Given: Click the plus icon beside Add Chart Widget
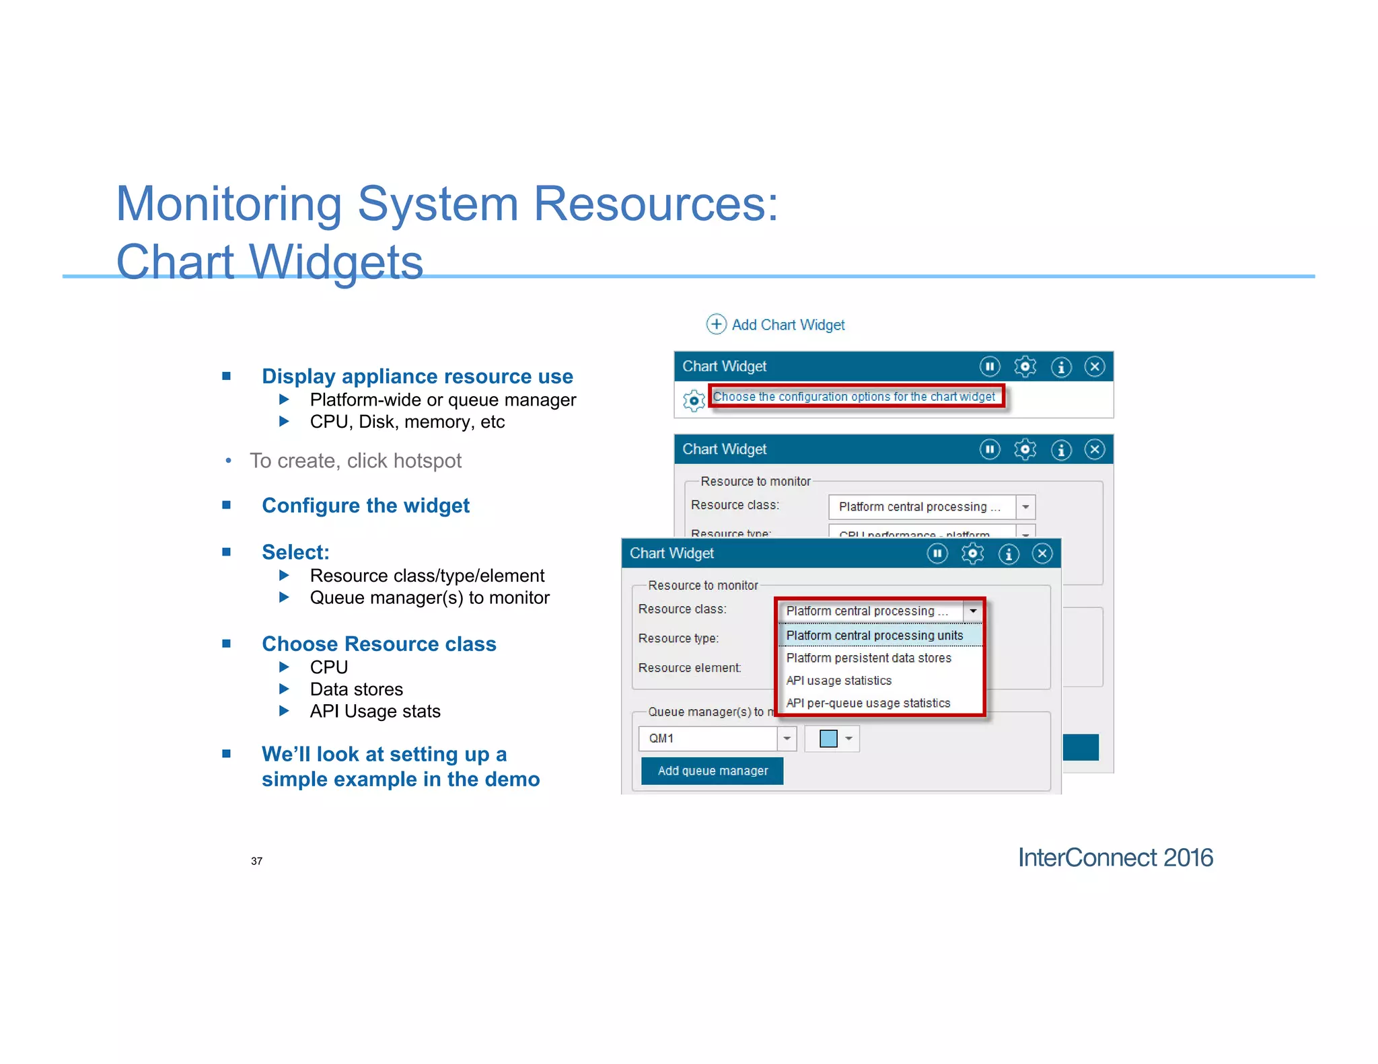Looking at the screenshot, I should [716, 324].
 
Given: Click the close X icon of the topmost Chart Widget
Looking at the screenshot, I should [1094, 367].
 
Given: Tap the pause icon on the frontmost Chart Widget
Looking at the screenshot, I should [937, 554].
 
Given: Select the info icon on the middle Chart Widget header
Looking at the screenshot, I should [1061, 449].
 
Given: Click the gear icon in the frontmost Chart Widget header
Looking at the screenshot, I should [972, 554].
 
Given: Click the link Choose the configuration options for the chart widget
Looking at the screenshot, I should [853, 397].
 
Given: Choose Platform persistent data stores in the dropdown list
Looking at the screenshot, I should [868, 658].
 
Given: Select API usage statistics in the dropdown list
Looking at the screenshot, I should [838, 681].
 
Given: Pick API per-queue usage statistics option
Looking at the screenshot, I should [868, 703].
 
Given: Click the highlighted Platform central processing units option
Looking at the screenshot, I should [874, 636].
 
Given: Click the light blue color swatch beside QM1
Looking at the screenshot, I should [828, 738].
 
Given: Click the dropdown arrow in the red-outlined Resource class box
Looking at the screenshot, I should [973, 611].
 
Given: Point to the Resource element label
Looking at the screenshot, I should [689, 668].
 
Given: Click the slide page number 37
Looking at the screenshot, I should [256, 861].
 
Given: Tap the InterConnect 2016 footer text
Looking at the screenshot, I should [1115, 858].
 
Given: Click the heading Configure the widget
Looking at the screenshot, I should [365, 505].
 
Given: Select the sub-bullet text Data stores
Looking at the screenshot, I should [356, 689].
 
